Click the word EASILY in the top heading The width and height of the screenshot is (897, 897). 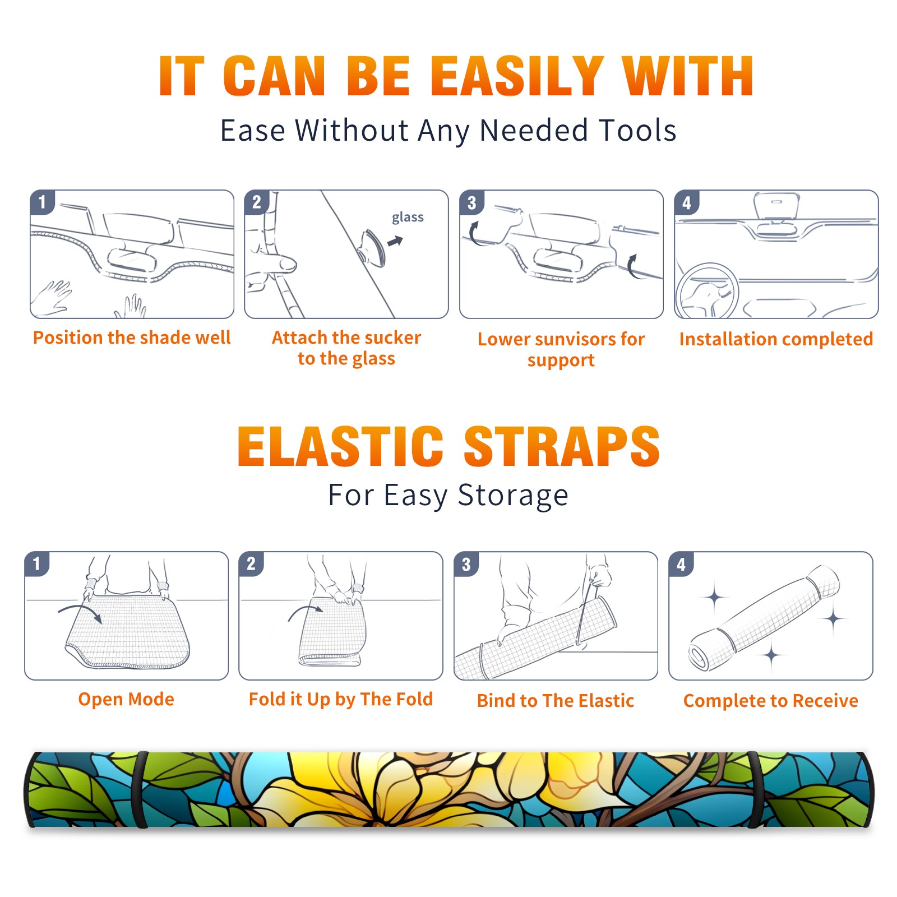point(516,76)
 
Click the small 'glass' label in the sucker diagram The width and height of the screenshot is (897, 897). point(408,218)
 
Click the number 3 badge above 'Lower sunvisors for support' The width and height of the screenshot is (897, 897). point(471,202)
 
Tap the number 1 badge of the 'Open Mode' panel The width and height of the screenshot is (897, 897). point(37,563)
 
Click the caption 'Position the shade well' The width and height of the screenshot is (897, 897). point(132,337)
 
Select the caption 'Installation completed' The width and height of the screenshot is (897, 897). point(776,339)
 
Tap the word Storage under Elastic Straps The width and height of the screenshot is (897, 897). point(513,496)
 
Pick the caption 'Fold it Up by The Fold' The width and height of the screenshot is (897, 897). point(341,699)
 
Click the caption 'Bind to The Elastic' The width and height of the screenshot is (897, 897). point(556,701)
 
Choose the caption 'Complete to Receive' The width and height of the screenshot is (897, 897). point(771,701)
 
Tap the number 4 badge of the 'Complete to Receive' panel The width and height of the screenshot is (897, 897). point(681,564)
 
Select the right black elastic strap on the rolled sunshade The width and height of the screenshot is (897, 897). point(755,789)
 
